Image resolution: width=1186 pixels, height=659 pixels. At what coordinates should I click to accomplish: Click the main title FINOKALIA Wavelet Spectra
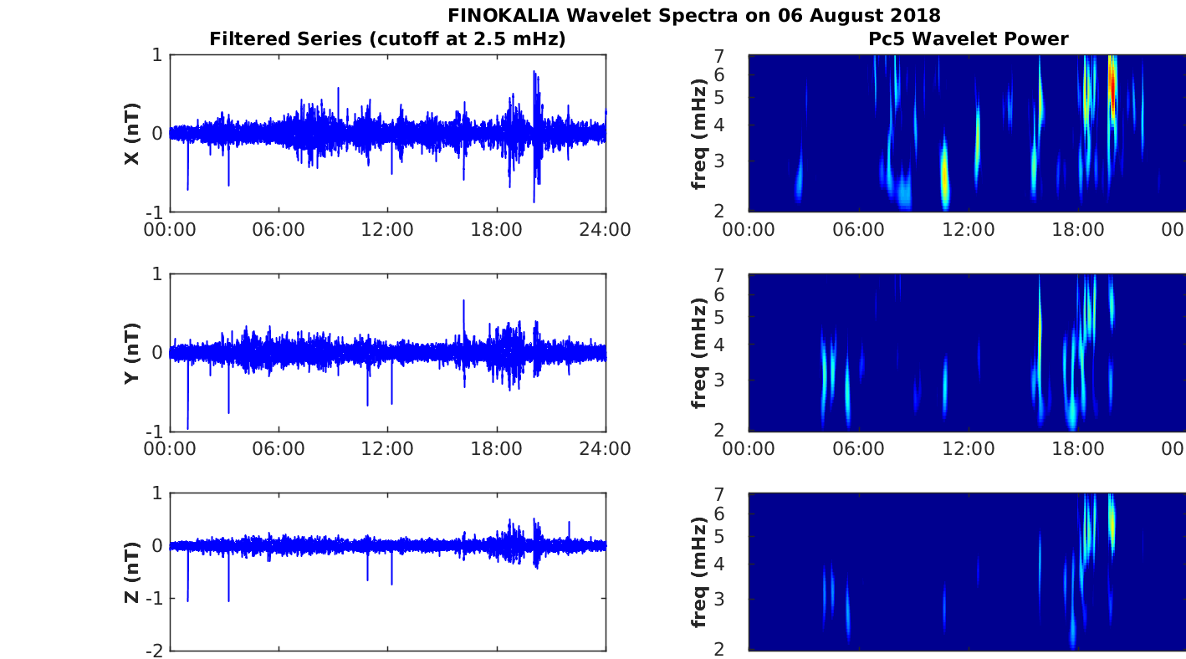point(693,15)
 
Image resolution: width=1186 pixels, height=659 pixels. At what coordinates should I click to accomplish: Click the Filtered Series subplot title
point(387,38)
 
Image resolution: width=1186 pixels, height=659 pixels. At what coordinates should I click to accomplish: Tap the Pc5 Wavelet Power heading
point(968,38)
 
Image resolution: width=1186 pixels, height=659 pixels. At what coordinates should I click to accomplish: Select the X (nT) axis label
point(131,134)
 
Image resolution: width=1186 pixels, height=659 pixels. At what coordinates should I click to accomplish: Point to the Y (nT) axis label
point(131,353)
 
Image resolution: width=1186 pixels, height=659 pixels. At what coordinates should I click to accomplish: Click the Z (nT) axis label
point(131,572)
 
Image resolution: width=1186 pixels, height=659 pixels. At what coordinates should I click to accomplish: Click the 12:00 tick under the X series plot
point(387,229)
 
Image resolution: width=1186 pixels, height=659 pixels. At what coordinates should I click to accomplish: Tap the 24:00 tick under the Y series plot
point(606,448)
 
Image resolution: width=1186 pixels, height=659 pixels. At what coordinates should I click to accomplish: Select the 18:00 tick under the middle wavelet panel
point(1078,448)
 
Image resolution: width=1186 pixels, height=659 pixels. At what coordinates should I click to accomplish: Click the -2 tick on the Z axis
point(155,650)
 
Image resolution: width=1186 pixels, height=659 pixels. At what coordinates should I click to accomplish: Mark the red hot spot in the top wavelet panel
point(1112,84)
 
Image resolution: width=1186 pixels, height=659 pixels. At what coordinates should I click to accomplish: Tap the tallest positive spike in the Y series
point(463,301)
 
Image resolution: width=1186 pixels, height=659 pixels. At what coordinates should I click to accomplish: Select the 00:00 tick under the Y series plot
point(170,448)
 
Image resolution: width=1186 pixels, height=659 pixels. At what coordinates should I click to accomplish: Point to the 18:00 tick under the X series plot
point(497,229)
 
